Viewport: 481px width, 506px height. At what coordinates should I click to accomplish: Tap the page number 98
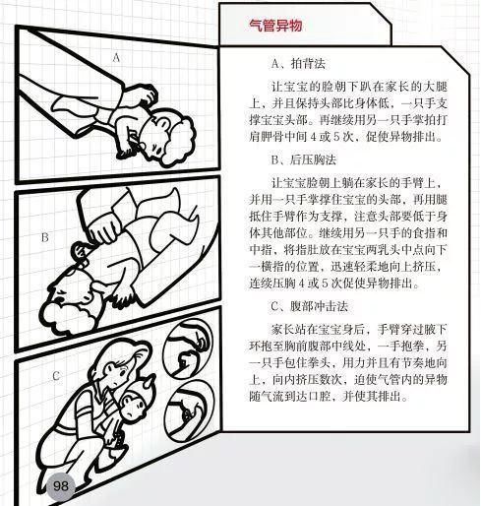pyautogui.click(x=61, y=485)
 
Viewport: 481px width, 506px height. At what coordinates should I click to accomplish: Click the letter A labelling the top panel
pyautogui.click(x=116, y=58)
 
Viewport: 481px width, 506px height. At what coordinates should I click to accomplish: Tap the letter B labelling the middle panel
pyautogui.click(x=45, y=237)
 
